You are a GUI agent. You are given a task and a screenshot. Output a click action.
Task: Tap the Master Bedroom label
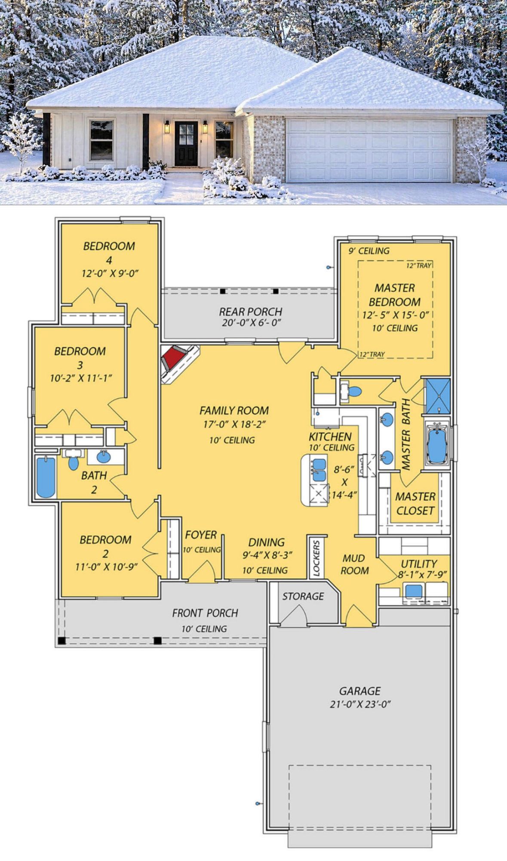pos(395,295)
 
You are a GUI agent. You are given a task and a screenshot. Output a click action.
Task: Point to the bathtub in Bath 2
pos(46,477)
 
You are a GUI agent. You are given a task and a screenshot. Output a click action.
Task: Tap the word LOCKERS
pos(316,558)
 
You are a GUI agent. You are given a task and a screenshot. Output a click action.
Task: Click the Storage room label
pos(303,596)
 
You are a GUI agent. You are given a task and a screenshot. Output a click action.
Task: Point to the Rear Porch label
pos(251,311)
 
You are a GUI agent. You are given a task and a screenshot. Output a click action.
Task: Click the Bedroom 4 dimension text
pos(110,273)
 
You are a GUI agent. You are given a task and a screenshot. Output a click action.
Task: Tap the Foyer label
pos(201,535)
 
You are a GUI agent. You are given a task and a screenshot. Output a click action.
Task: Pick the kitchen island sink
pos(318,469)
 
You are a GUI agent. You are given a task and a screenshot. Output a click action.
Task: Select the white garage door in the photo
pos(369,150)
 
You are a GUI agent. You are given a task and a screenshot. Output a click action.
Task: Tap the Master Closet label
pos(415,504)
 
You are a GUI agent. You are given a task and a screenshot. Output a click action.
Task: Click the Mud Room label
pos(355,564)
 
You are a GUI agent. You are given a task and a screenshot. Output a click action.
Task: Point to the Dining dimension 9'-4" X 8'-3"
pos(267,555)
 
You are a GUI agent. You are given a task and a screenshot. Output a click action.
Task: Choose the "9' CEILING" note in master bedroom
pos(369,251)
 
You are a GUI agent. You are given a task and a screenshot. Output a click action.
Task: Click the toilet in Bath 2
pos(74,462)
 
